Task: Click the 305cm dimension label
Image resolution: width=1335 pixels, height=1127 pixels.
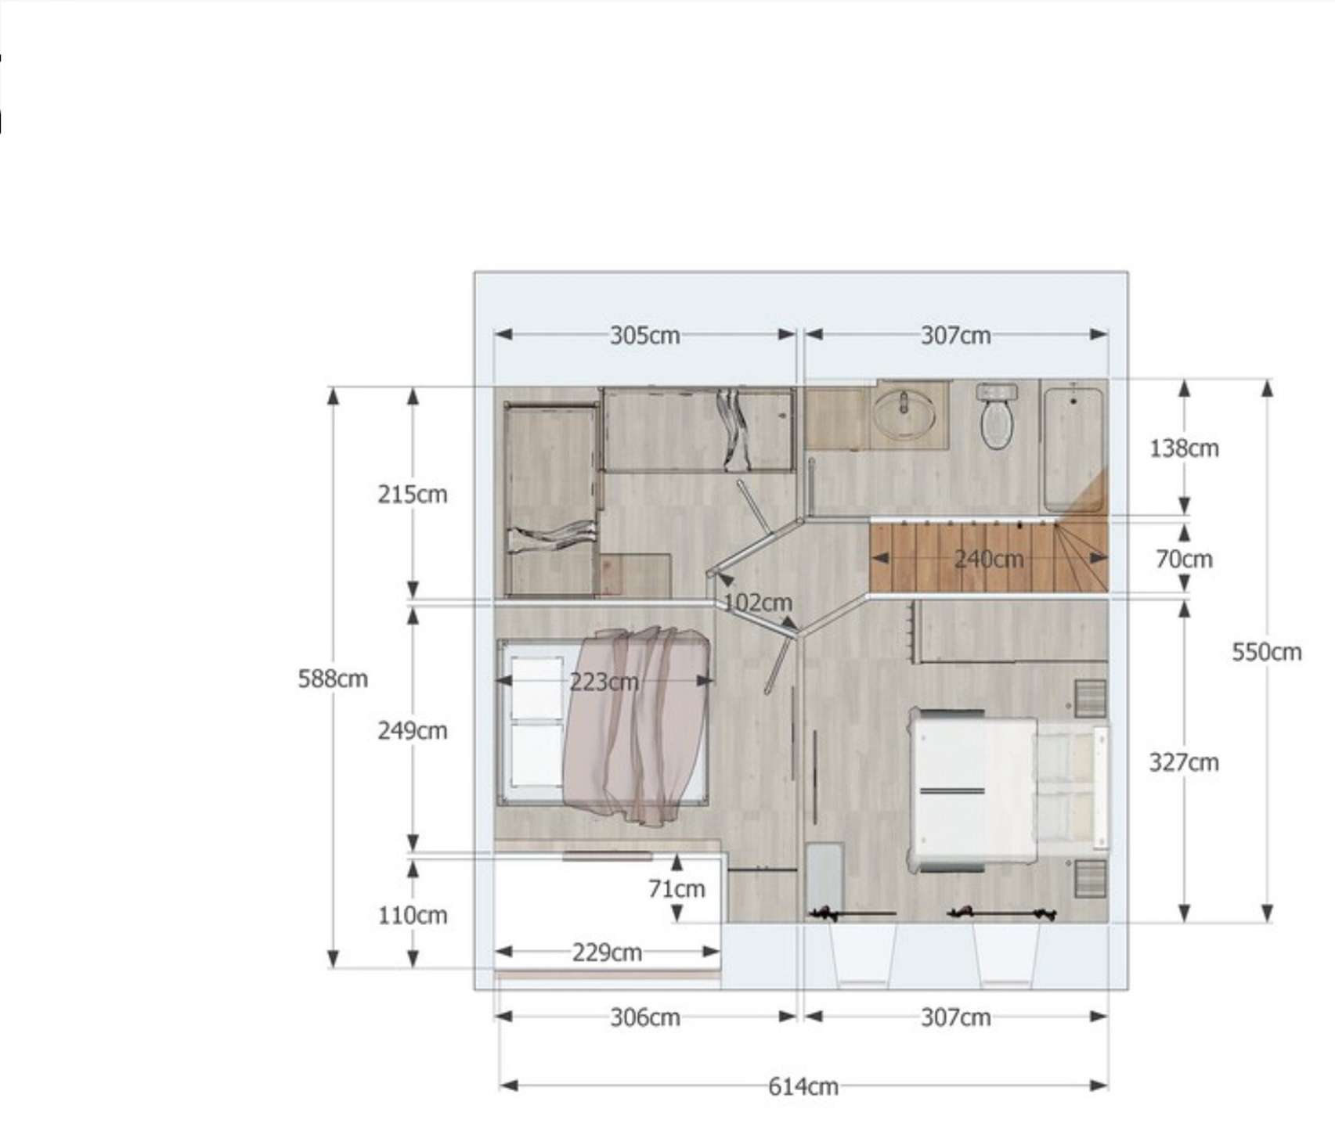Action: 644,336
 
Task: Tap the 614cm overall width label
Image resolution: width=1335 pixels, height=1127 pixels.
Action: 803,1087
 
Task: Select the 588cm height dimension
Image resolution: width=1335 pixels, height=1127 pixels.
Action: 333,679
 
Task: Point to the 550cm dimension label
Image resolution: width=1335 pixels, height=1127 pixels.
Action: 1266,652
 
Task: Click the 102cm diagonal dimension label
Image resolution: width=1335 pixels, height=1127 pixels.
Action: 757,603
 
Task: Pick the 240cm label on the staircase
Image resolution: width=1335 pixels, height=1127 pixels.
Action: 988,559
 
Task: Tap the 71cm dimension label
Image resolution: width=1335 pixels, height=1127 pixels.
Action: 677,889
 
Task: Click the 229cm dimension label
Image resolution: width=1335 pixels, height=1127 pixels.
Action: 607,952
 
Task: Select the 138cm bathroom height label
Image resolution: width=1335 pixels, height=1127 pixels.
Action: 1183,448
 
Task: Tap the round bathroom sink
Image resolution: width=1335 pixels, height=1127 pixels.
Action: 904,413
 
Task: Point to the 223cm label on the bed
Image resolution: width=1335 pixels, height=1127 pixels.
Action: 603,682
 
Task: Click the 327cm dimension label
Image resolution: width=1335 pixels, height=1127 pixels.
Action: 1183,762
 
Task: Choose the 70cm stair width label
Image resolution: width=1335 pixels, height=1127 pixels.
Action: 1183,559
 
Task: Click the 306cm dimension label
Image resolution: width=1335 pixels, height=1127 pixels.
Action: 644,1017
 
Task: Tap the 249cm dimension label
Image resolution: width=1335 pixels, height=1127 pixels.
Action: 412,731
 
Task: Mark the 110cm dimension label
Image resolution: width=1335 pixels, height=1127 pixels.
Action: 412,915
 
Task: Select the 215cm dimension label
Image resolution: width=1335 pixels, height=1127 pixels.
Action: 412,495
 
